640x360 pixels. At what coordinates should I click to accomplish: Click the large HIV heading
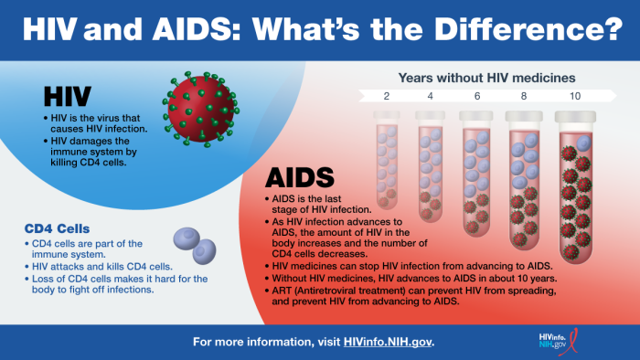(x=69, y=97)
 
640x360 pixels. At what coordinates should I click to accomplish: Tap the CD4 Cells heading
(x=63, y=228)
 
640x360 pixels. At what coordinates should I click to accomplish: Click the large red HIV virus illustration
(x=197, y=107)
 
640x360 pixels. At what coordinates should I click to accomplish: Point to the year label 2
(x=386, y=96)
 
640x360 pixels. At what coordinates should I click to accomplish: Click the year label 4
(x=431, y=96)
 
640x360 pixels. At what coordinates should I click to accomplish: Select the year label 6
(x=476, y=96)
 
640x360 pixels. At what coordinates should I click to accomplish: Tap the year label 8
(x=524, y=96)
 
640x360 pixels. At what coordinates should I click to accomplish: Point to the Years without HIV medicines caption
(x=486, y=77)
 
